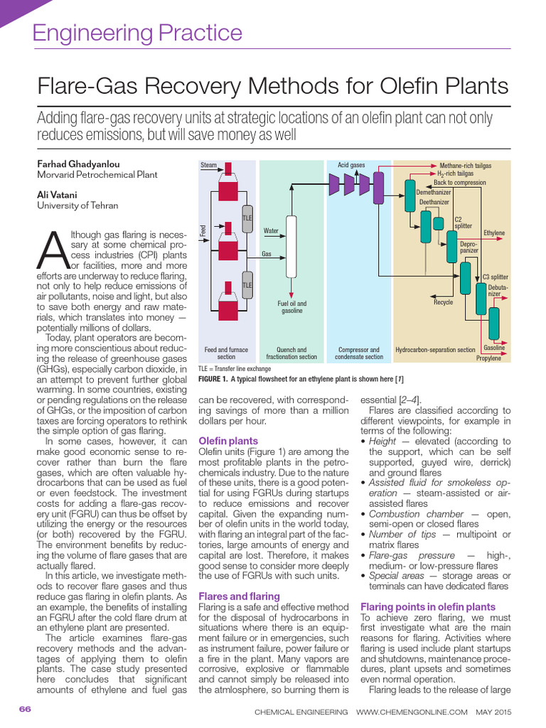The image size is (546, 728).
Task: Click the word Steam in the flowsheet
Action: pyautogui.click(x=208, y=165)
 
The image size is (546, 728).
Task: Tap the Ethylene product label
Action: pyautogui.click(x=494, y=232)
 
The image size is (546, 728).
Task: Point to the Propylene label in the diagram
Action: pyautogui.click(x=488, y=358)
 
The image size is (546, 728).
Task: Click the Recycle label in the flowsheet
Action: pyautogui.click(x=443, y=302)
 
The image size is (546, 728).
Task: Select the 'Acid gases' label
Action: pyautogui.click(x=351, y=165)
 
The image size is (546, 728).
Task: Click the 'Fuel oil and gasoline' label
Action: pyautogui.click(x=291, y=307)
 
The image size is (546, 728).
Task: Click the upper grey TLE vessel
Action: pyautogui.click(x=247, y=220)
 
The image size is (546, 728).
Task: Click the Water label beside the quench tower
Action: pyautogui.click(x=271, y=230)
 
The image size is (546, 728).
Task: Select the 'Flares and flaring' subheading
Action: pyautogui.click(x=239, y=596)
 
